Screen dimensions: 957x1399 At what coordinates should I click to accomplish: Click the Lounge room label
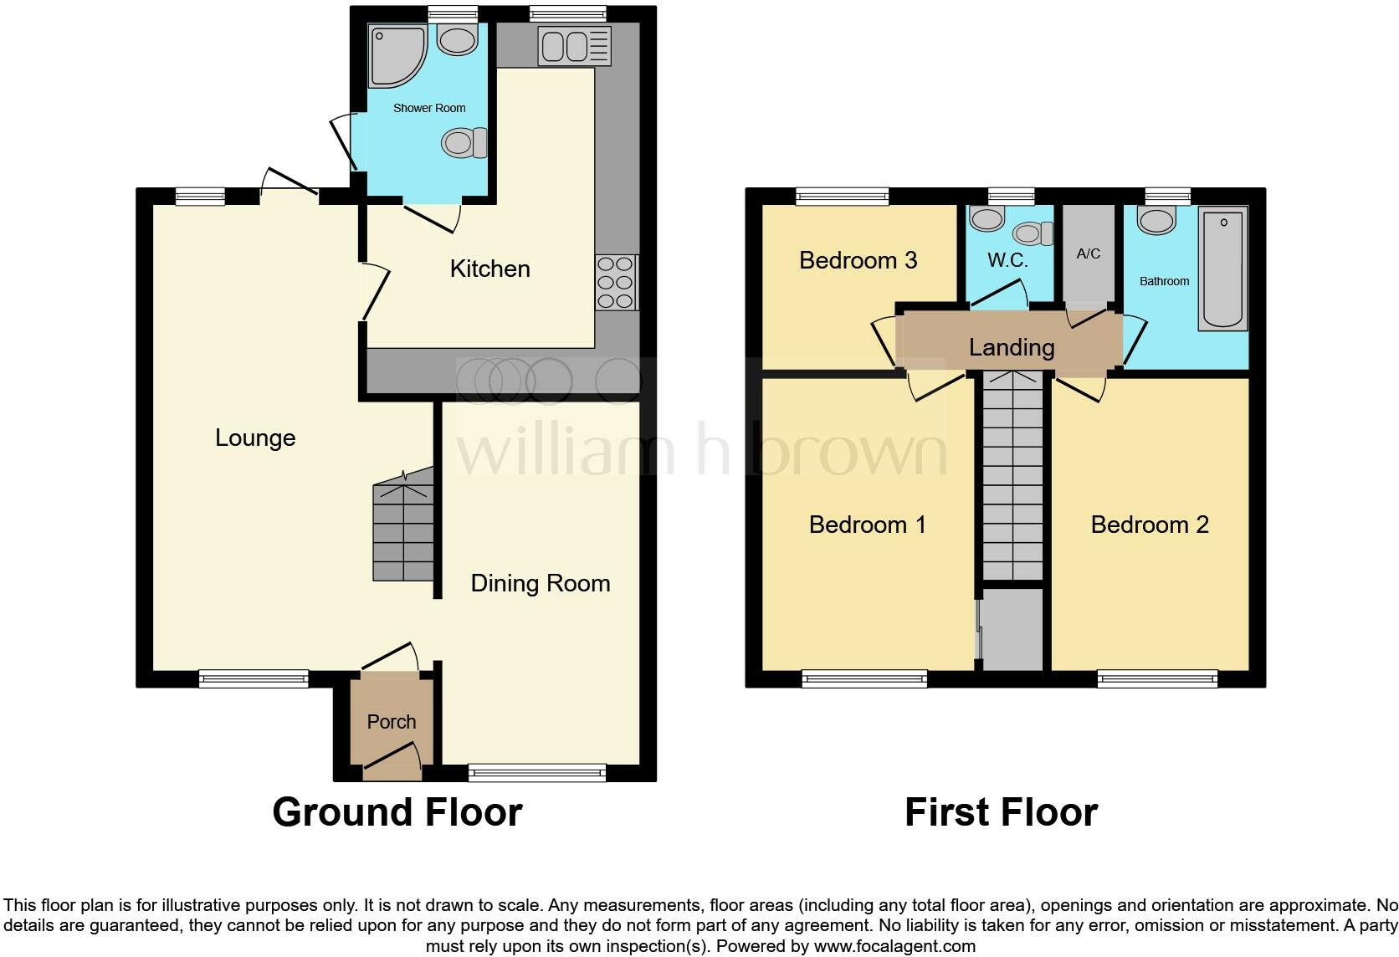255,438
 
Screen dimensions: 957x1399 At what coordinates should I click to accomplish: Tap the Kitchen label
489,269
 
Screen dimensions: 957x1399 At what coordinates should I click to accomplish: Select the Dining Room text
540,583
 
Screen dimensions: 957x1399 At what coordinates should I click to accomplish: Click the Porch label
392,721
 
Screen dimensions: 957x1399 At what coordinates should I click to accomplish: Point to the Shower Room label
429,108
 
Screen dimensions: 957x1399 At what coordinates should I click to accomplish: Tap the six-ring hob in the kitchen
616,281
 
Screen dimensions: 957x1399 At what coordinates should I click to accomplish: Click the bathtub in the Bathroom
1222,268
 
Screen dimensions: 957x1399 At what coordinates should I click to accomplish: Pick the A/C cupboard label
1089,253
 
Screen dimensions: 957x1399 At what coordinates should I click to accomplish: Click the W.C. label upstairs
1007,260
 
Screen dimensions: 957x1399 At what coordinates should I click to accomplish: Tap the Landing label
1011,346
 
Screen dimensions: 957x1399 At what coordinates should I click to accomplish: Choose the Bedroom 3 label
858,260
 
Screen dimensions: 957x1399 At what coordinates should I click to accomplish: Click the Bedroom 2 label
1150,525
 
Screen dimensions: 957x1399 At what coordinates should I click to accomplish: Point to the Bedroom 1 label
867,525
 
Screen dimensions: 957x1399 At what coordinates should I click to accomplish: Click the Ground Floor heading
397,811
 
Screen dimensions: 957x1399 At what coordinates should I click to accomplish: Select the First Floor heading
1001,811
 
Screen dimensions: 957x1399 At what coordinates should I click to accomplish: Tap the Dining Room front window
537,772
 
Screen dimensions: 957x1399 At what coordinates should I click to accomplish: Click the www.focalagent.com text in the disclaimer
894,946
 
